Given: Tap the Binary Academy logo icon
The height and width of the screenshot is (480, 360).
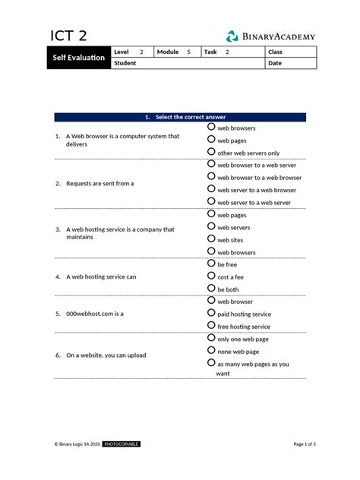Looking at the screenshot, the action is (x=232, y=36).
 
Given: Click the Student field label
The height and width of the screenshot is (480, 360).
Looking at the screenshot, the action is (x=125, y=63).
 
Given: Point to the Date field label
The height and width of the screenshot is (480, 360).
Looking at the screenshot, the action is (x=274, y=63).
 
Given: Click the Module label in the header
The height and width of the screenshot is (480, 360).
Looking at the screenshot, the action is (x=168, y=52).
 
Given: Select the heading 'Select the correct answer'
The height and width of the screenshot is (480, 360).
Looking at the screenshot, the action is (x=180, y=118).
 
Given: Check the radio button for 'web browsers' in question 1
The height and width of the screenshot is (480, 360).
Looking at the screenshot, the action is (x=212, y=128).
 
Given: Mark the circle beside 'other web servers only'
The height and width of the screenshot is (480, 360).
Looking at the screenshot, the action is (x=212, y=152).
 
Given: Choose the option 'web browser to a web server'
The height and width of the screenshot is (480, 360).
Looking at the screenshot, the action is (x=212, y=164).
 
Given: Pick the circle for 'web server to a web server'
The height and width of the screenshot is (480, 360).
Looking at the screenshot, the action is (x=212, y=202).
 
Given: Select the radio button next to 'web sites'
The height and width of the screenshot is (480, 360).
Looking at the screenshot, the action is (x=212, y=239).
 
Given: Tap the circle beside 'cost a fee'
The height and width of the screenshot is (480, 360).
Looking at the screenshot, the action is (x=212, y=276).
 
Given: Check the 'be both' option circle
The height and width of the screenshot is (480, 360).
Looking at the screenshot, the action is (x=212, y=289).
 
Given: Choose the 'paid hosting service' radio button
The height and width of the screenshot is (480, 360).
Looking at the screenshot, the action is (x=212, y=313).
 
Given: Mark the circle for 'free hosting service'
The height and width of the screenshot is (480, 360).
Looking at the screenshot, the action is (x=212, y=326).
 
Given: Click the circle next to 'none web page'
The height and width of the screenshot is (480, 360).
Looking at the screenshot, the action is (x=212, y=351).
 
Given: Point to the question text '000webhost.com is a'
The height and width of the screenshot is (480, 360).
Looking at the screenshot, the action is (x=94, y=313).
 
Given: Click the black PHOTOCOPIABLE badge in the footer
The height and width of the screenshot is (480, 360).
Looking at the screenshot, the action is (x=121, y=444).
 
